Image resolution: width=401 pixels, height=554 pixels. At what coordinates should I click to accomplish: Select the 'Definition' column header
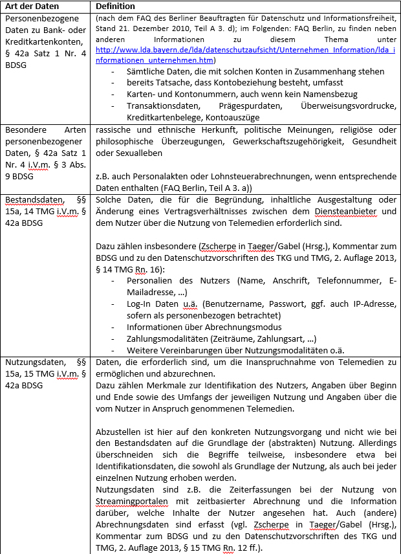(116, 6)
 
